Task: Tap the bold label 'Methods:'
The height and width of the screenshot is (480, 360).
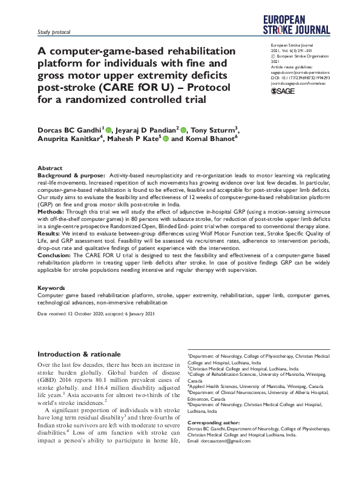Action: (53, 213)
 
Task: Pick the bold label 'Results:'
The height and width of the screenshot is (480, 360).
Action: (51, 232)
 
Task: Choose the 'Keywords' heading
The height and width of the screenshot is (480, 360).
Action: (51, 288)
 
